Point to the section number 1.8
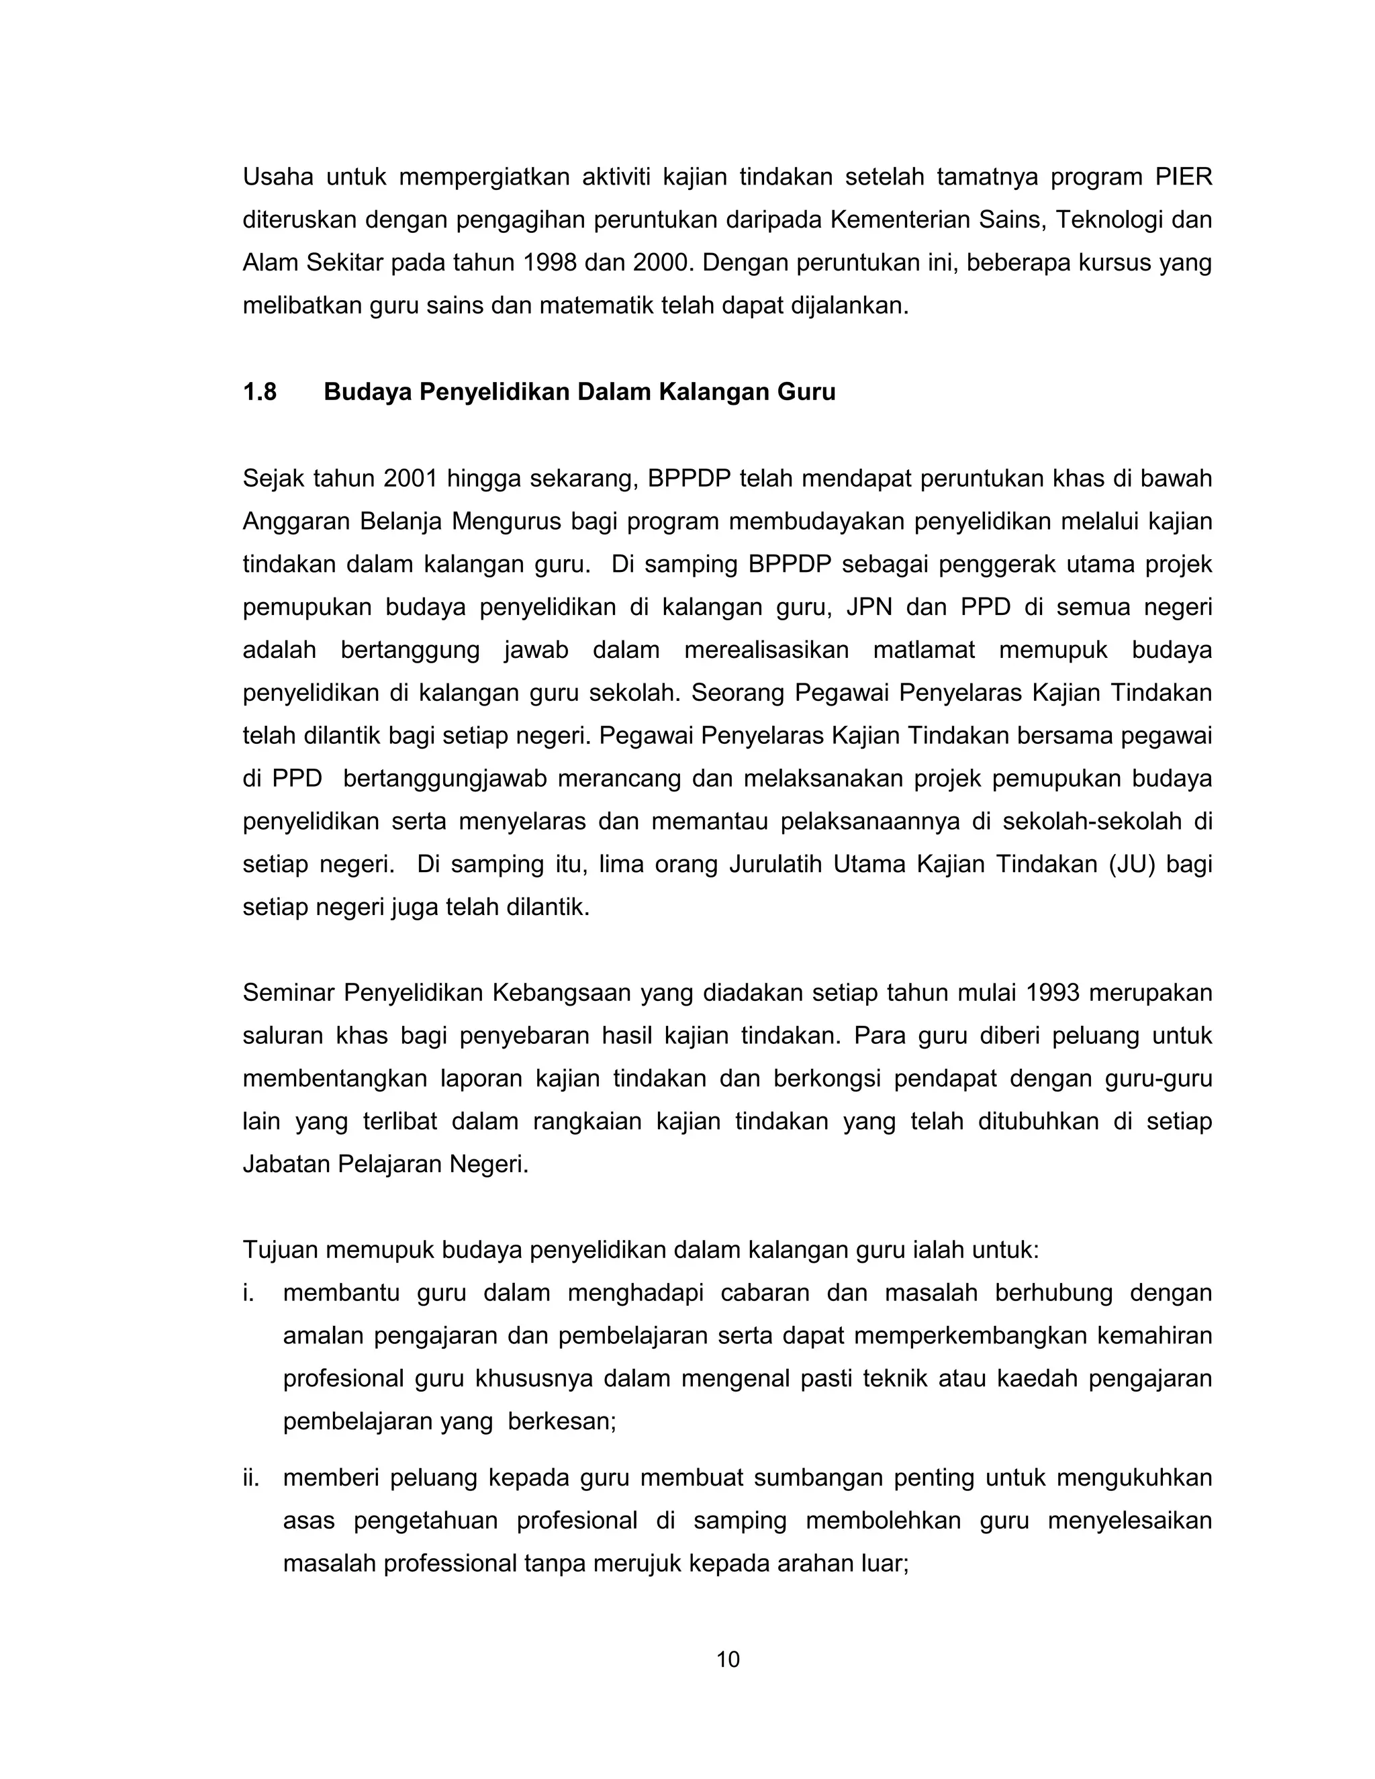tap(260, 393)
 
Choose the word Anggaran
tap(295, 522)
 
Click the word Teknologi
tap(1108, 220)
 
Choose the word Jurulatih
tap(775, 864)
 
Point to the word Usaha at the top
tap(278, 177)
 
